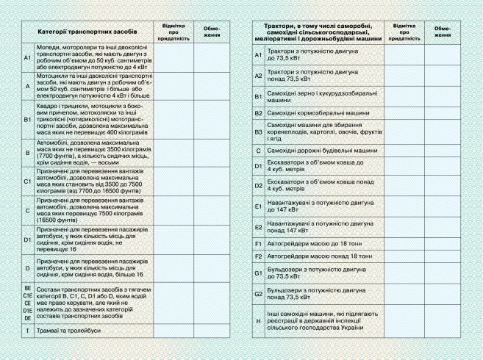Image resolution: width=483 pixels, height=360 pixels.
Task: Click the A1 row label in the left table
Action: click(x=27, y=57)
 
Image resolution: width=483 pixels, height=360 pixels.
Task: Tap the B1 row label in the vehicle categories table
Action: click(x=27, y=118)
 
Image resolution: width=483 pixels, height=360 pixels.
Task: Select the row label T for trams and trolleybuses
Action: click(x=27, y=331)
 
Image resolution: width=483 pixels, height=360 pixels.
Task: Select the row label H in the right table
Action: click(x=258, y=321)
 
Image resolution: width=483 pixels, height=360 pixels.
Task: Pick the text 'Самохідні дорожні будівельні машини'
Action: click(x=322, y=150)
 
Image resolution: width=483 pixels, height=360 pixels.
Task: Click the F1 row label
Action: click(x=258, y=242)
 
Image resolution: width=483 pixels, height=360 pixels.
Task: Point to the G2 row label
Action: click(x=258, y=294)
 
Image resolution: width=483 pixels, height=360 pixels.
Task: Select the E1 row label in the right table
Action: click(x=258, y=206)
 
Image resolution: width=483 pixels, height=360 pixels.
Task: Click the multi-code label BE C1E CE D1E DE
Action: click(x=27, y=303)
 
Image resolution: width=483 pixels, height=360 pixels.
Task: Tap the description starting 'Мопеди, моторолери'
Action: click(x=86, y=57)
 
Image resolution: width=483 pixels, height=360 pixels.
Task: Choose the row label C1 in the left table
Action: click(x=27, y=180)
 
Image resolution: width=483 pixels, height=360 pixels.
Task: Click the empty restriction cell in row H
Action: click(x=442, y=321)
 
